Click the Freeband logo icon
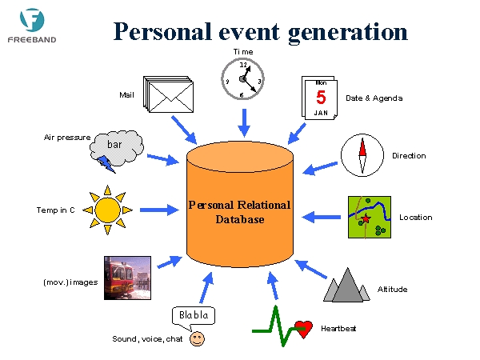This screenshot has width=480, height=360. (32, 19)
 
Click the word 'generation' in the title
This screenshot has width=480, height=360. (348, 33)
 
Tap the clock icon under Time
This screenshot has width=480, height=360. (242, 79)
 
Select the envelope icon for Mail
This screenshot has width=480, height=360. (168, 94)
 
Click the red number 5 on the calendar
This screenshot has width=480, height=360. (321, 98)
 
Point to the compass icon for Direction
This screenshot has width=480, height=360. (362, 155)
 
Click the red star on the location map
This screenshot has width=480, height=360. (366, 218)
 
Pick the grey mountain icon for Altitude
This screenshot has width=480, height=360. (346, 286)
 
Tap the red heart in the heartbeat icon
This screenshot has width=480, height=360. (303, 329)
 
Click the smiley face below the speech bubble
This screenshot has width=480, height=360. (197, 339)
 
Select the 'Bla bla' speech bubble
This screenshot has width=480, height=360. (194, 317)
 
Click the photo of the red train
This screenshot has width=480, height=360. (127, 278)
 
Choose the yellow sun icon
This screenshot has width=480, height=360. (107, 210)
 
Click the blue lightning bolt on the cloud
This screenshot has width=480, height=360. (106, 164)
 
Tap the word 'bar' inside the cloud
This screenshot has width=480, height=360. (114, 145)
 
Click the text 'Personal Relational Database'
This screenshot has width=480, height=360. (240, 212)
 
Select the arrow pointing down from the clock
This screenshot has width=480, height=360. (244, 122)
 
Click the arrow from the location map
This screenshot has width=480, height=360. (321, 217)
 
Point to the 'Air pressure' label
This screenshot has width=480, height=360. (67, 138)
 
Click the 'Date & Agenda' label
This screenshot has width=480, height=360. (374, 98)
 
